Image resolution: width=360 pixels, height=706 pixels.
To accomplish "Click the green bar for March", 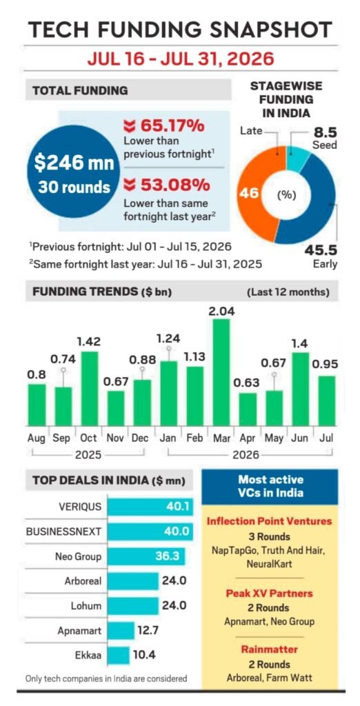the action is (x=221, y=372).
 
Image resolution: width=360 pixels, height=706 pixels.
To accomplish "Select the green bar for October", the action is (x=89, y=389).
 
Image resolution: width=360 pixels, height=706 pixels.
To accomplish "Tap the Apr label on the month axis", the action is (x=248, y=438).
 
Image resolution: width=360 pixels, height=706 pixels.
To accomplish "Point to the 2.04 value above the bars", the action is (x=221, y=311).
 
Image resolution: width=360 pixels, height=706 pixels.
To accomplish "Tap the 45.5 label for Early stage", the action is (x=321, y=250).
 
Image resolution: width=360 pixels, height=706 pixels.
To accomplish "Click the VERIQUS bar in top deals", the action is (x=150, y=507).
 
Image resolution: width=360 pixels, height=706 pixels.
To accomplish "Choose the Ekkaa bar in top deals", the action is (x=119, y=654).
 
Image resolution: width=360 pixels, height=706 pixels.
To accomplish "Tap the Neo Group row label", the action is (x=79, y=556).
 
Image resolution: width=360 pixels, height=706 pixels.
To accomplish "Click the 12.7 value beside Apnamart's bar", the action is (x=145, y=630).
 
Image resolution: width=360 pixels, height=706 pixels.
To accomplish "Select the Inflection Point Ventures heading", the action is (x=270, y=521).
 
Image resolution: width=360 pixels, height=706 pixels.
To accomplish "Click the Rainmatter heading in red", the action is (x=270, y=649).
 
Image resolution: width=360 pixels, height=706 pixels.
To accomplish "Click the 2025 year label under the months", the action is (x=88, y=455).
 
